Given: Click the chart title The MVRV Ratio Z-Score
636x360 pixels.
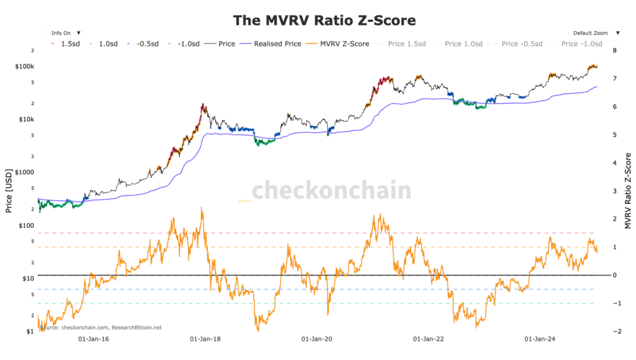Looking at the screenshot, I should click(x=324, y=20).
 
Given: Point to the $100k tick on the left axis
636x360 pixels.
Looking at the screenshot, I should click(x=25, y=66).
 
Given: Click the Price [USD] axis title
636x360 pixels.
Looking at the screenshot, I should click(x=9, y=191).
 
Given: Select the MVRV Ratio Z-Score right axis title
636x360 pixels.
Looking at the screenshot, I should click(x=628, y=191).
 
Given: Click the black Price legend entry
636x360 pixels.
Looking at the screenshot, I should click(x=222, y=44).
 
